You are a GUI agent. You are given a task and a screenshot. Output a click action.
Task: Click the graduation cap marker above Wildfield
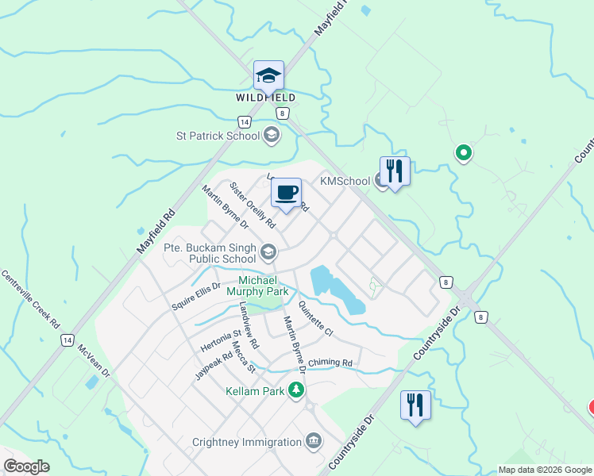[268, 75]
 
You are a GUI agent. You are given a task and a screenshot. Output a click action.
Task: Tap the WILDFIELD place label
[266, 98]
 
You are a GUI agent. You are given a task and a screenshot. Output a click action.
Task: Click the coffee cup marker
[286, 192]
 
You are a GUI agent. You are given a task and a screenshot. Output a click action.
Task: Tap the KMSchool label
[345, 181]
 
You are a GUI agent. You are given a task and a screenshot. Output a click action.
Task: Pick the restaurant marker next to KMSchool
[395, 170]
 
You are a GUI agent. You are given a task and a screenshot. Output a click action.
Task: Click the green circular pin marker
[464, 152]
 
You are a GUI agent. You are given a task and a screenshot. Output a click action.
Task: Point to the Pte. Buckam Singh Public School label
[210, 253]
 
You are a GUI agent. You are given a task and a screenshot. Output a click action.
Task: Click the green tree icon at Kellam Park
[296, 390]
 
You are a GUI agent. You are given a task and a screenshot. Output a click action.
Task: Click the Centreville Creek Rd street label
[29, 300]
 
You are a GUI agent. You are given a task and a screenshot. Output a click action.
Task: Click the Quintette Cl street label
[315, 320]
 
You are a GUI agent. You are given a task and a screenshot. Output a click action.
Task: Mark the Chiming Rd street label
[332, 363]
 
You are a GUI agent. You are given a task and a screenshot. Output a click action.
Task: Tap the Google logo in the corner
[26, 466]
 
